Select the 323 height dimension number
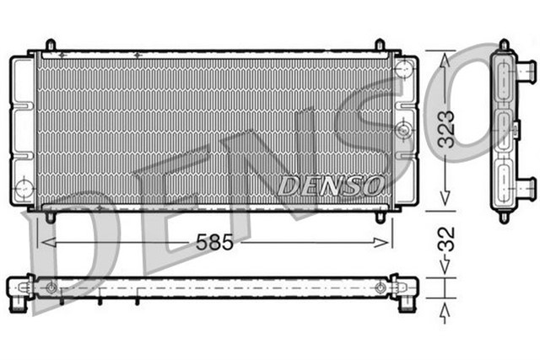[449, 129]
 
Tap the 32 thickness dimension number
[449, 243]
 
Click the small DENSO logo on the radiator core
[332, 184]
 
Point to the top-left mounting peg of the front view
[50, 45]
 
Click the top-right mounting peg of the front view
[381, 45]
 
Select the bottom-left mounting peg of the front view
[50, 217]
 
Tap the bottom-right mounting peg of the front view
[381, 217]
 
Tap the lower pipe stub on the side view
[526, 185]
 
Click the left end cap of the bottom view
[20, 289]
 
